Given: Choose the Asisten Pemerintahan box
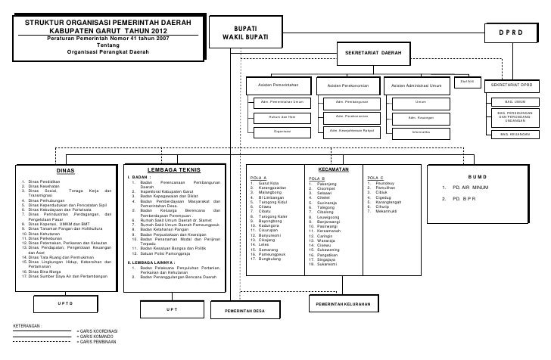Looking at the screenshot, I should (281, 86).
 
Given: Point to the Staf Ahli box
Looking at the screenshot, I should (466, 82).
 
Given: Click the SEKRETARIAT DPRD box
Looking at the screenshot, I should (515, 86).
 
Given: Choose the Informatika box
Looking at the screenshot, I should (421, 132).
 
